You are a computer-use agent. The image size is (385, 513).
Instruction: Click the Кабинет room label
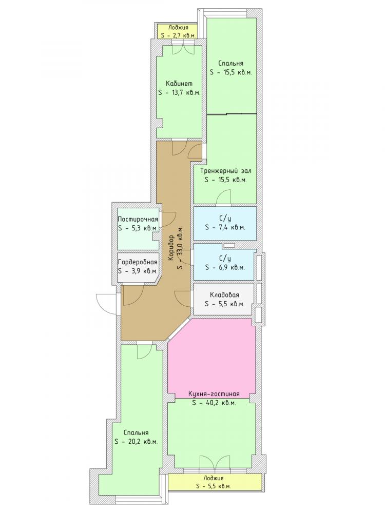pyautogui.click(x=179, y=84)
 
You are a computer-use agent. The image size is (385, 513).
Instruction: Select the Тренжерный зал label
pyautogui.click(x=226, y=171)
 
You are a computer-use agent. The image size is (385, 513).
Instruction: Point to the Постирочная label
pyautogui.click(x=138, y=220)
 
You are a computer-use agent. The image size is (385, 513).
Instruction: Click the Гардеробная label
pyautogui.click(x=138, y=262)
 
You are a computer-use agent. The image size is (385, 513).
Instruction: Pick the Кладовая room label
pyautogui.click(x=225, y=295)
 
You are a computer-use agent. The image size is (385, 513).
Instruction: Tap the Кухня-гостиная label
pyautogui.click(x=214, y=394)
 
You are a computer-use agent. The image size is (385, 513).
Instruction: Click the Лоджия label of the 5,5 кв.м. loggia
pyautogui.click(x=213, y=478)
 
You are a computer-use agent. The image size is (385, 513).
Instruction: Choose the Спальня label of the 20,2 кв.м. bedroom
pyautogui.click(x=136, y=432)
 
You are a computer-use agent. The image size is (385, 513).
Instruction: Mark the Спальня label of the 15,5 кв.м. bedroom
pyautogui.click(x=231, y=64)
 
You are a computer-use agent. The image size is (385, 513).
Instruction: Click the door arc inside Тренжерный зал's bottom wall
pyautogui.click(x=224, y=196)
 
